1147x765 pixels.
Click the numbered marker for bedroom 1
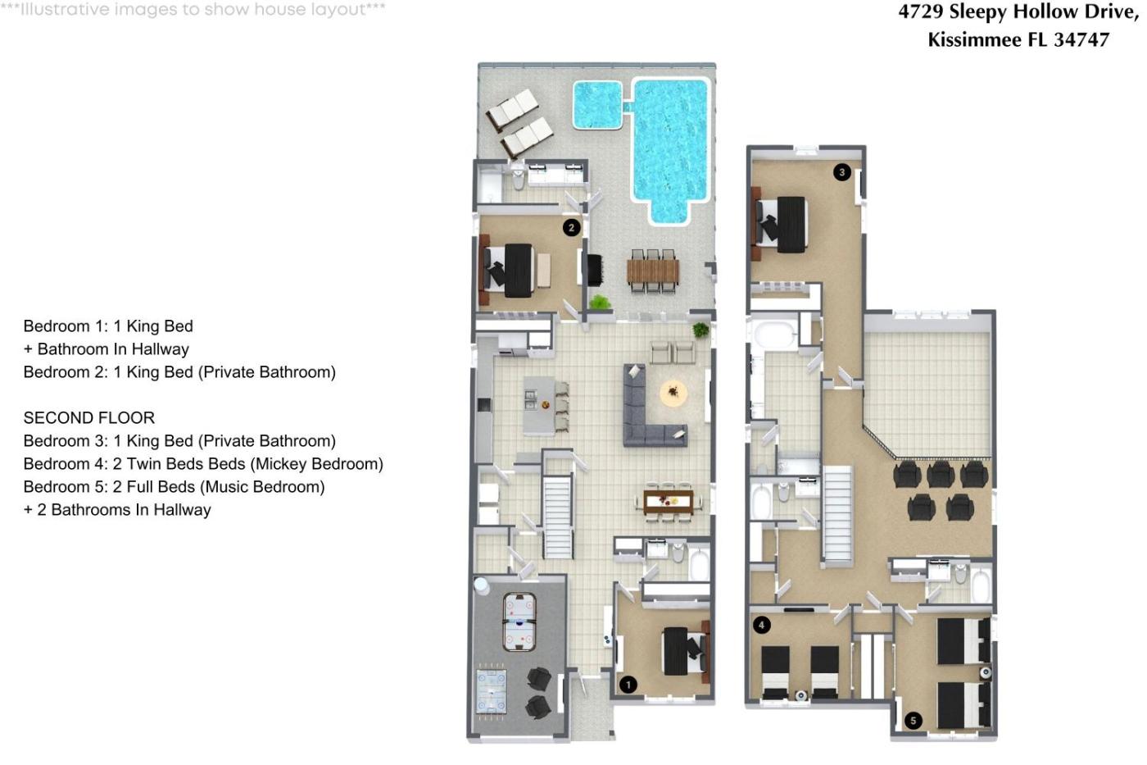[x=628, y=685]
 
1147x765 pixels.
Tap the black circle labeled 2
[x=572, y=227]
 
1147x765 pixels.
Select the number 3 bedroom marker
[x=842, y=172]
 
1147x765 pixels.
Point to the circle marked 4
[x=761, y=625]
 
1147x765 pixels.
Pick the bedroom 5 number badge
[x=913, y=721]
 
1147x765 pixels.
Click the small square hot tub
[x=597, y=104]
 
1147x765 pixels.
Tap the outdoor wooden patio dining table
[x=653, y=271]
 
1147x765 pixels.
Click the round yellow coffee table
[x=673, y=393]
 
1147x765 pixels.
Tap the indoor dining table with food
[x=669, y=502]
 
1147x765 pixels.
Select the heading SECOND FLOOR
[x=89, y=417]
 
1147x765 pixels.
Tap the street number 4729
[x=921, y=11]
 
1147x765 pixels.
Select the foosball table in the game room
[x=492, y=692]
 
